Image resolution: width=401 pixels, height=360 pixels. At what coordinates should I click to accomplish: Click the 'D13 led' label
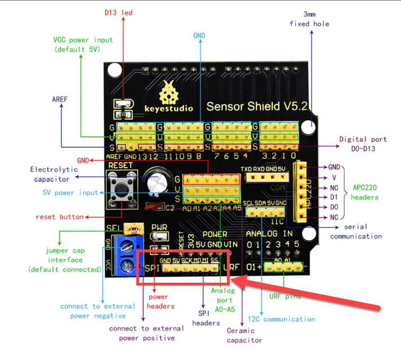(118, 13)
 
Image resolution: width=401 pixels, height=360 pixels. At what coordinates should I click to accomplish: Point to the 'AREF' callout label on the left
(60, 99)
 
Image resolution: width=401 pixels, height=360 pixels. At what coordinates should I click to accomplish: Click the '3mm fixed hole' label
(309, 19)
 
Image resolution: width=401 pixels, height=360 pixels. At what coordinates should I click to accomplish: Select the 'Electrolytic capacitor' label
(52, 174)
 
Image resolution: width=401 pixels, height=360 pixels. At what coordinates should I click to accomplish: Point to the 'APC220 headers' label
(364, 192)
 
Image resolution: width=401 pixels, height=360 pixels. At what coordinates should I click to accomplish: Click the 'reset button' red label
(59, 217)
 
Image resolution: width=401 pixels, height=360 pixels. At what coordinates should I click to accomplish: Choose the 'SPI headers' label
(206, 318)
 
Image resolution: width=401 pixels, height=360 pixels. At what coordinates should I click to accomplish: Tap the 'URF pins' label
(285, 296)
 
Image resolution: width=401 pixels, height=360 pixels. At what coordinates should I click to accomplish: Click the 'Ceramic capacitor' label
(244, 335)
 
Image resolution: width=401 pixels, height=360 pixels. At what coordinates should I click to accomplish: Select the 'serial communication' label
(356, 232)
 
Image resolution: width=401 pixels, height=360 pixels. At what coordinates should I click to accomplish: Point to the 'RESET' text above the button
(120, 165)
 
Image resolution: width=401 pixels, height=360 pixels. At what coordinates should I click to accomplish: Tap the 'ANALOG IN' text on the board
(269, 233)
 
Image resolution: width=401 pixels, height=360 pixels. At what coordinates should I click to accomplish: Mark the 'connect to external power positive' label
(146, 333)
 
